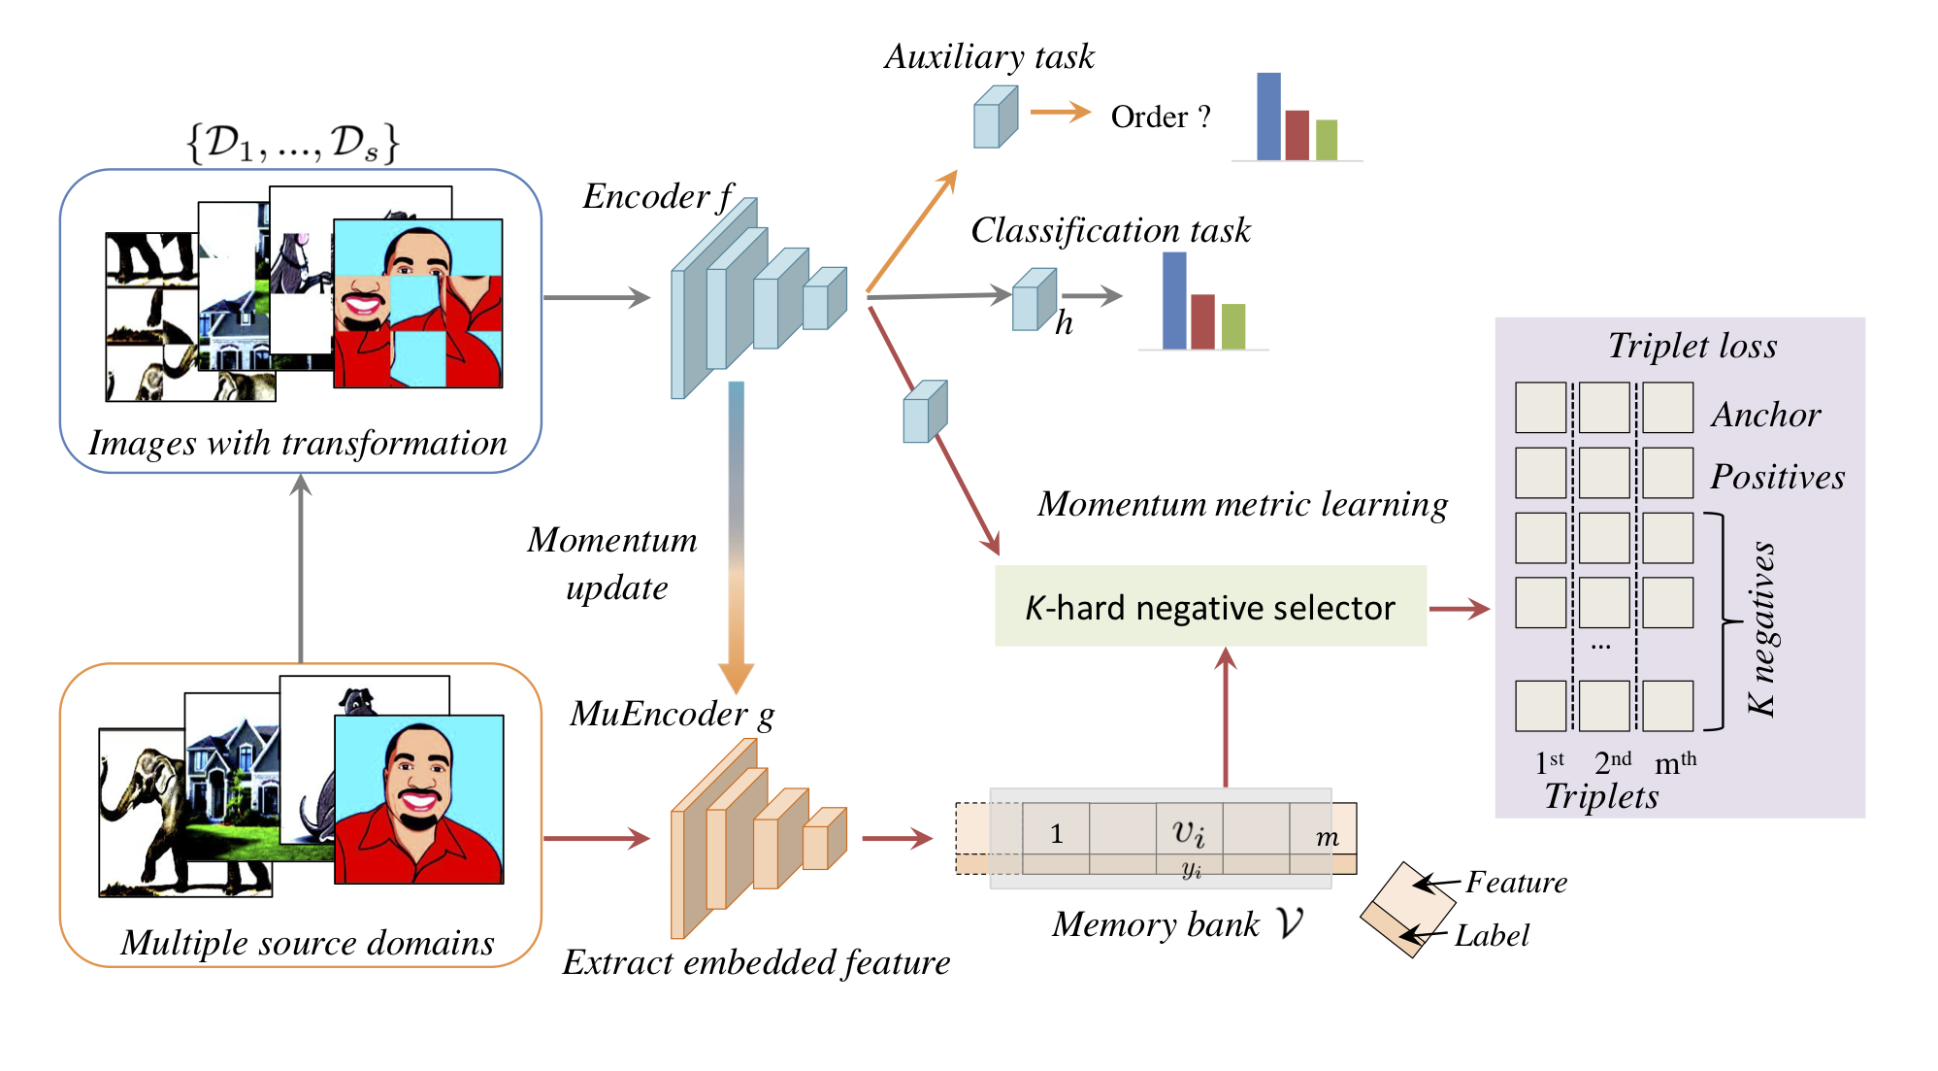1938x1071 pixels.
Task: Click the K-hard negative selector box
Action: (1210, 607)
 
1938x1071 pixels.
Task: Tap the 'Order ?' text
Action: (1161, 117)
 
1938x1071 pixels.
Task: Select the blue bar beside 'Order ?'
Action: (1268, 117)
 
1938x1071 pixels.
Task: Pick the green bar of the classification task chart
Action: (1233, 326)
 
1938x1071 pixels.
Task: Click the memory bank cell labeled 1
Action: (1056, 834)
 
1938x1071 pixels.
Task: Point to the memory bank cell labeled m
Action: (1327, 837)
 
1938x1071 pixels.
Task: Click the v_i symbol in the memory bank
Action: (1189, 833)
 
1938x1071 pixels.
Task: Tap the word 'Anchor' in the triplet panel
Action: (1765, 415)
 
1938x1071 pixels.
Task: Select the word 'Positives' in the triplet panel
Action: (1777, 477)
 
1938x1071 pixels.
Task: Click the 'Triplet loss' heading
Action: (1692, 346)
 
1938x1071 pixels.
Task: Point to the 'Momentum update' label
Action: (613, 563)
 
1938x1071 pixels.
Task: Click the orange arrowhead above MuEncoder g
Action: (737, 677)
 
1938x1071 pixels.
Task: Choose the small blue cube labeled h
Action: (1034, 300)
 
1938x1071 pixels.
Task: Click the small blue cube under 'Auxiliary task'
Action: (996, 117)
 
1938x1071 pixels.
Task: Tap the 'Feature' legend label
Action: (1516, 882)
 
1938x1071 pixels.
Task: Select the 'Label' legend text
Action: (1492, 935)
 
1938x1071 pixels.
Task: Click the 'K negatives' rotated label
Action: (1761, 628)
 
